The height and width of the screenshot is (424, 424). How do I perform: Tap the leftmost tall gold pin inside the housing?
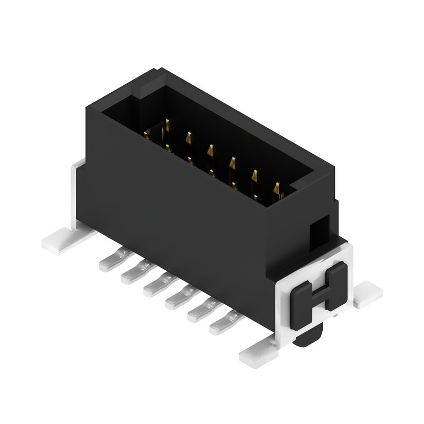[x=166, y=127]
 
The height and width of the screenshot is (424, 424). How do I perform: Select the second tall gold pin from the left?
[x=188, y=138]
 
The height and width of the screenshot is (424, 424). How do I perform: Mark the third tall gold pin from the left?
[x=210, y=151]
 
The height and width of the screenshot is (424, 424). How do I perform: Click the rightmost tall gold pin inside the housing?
[x=276, y=189]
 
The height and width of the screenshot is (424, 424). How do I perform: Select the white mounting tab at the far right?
[x=367, y=295]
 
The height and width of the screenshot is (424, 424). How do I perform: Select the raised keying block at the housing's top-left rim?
[x=147, y=86]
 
